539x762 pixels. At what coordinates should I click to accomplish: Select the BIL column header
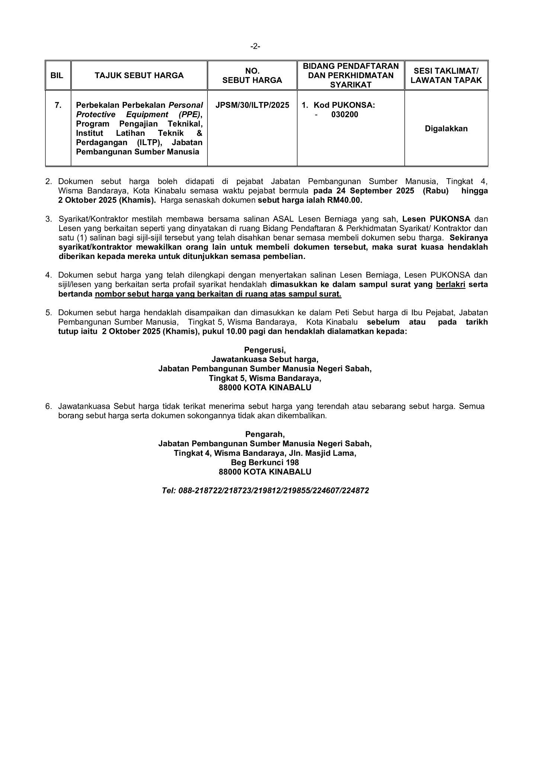tap(57, 76)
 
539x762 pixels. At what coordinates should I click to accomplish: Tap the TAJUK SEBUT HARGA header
tap(139, 76)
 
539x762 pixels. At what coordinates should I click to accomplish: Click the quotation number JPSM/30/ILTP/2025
tap(252, 105)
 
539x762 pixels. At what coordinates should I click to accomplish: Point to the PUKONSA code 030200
tap(345, 115)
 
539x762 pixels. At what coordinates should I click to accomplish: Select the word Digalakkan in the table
tap(446, 129)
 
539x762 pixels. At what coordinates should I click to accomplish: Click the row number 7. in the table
tap(58, 105)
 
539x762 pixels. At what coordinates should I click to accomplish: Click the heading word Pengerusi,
tap(265, 350)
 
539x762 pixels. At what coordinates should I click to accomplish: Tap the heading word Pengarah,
tap(265, 434)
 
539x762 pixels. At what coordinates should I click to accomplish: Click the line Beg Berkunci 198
tap(265, 462)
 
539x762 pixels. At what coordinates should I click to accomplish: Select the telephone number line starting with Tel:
tap(265, 491)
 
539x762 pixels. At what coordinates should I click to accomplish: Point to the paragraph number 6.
tap(48, 406)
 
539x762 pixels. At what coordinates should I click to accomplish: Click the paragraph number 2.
tap(48, 182)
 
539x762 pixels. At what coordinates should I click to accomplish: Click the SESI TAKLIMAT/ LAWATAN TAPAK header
tap(446, 76)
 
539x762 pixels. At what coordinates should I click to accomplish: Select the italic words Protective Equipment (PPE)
tap(139, 115)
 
